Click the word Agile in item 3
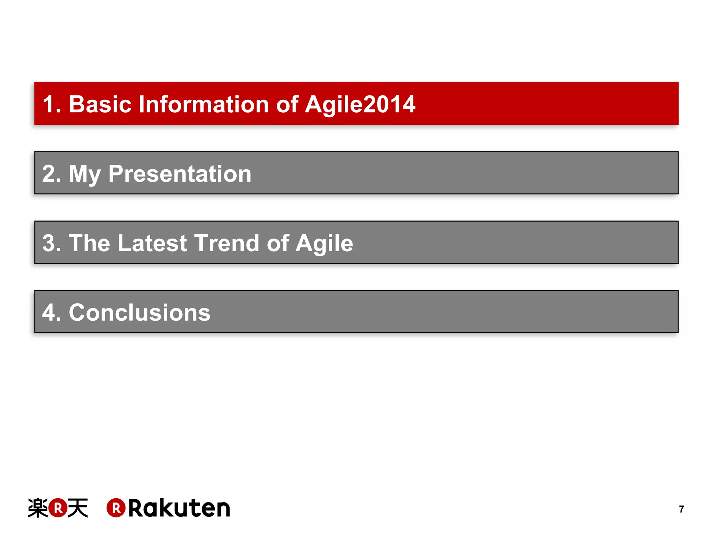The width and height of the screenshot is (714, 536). tap(324, 243)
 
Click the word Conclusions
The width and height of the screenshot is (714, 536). tap(139, 312)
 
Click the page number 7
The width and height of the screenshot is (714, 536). tap(682, 509)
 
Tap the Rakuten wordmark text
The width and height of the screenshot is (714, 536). tap(179, 508)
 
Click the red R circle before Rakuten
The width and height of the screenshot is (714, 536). tap(116, 508)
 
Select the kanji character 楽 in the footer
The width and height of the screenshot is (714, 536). tap(38, 508)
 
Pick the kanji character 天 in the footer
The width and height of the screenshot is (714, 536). tap(77, 508)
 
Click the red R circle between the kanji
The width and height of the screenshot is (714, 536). tap(58, 508)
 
